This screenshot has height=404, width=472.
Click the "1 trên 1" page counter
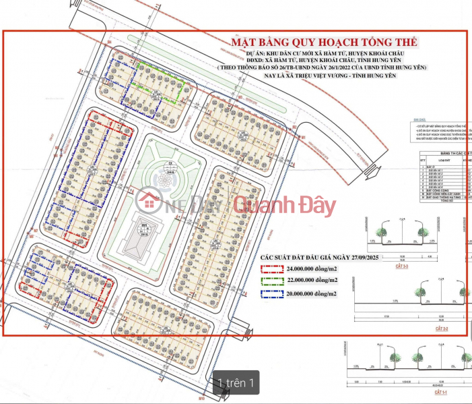coord(235,383)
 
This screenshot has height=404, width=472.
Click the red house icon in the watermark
coord(147,201)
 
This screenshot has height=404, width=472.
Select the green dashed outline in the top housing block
coord(158,76)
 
